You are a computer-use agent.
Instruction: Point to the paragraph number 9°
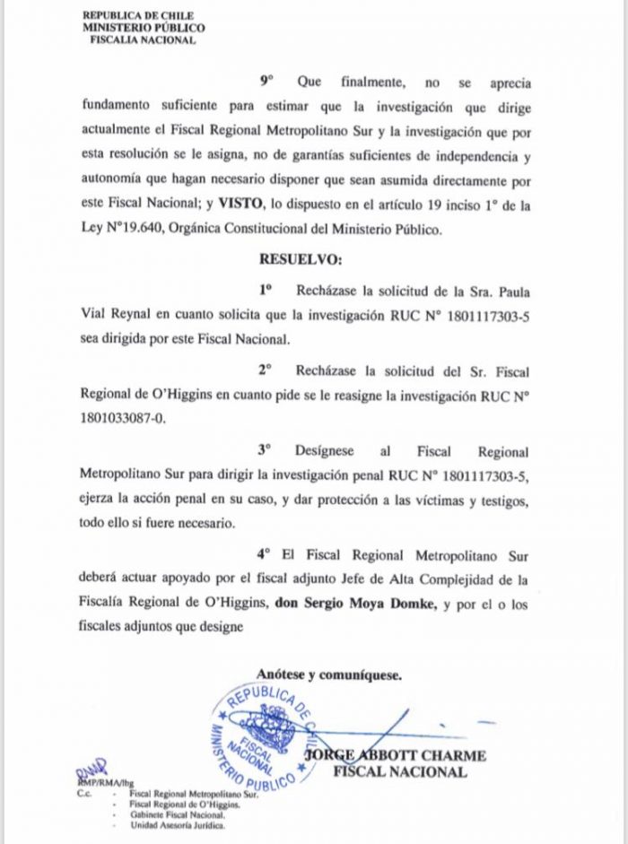(266, 82)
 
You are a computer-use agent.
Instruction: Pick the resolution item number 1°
(265, 290)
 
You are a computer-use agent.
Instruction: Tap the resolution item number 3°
(265, 452)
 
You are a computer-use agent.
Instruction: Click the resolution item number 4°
(263, 554)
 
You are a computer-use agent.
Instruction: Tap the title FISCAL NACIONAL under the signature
(400, 771)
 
